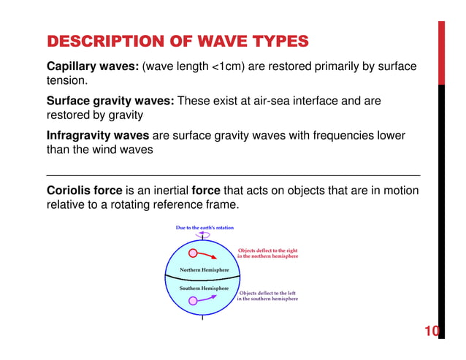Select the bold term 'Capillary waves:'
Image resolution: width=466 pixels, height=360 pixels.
(92, 67)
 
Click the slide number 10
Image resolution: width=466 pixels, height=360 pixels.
(432, 333)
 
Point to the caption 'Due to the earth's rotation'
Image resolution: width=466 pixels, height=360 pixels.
(205, 228)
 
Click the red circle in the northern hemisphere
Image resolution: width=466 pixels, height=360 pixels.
(193, 254)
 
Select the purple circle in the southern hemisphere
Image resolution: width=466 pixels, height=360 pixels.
(192, 300)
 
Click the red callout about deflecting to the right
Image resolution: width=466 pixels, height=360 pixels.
(268, 253)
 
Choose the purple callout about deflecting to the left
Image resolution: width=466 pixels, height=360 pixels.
(267, 296)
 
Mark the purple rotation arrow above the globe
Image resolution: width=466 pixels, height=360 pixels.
(202, 234)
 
